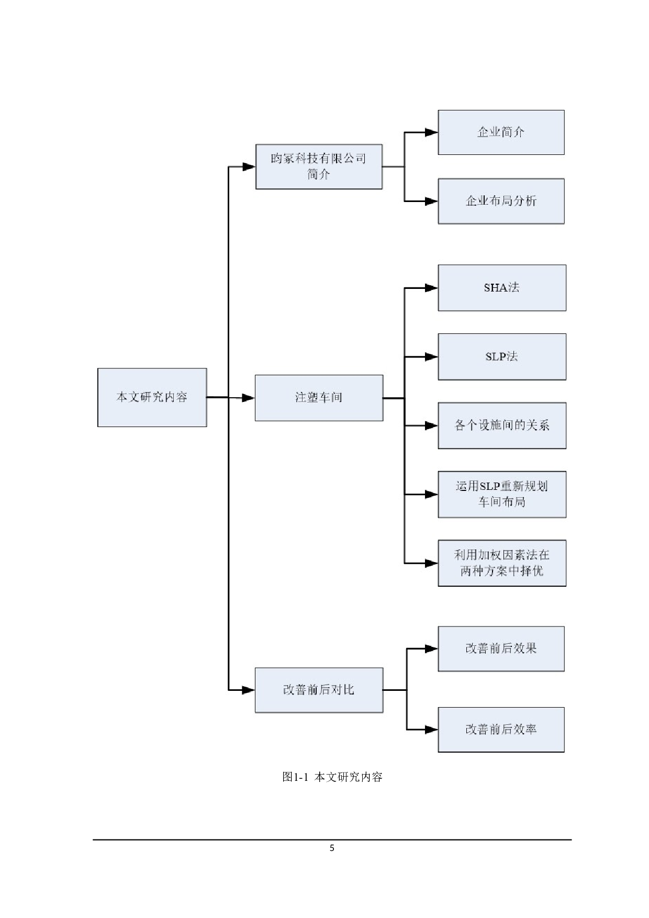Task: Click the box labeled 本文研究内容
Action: pyautogui.click(x=152, y=397)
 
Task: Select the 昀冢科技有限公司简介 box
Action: pyautogui.click(x=319, y=166)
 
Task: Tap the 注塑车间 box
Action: pyautogui.click(x=319, y=398)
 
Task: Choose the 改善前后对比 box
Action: pyautogui.click(x=319, y=690)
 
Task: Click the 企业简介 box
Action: pyautogui.click(x=501, y=132)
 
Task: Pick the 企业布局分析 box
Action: pyautogui.click(x=501, y=201)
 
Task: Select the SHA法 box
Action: pyautogui.click(x=501, y=288)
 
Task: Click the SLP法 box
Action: pyautogui.click(x=501, y=357)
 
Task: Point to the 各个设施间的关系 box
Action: pyautogui.click(x=501, y=426)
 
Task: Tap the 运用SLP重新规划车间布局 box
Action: pyautogui.click(x=501, y=494)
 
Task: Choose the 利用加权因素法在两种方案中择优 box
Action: pyautogui.click(x=501, y=563)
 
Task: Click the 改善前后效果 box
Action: pyautogui.click(x=501, y=648)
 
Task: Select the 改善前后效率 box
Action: pyautogui.click(x=501, y=730)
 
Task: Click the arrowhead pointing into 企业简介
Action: pyautogui.click(x=431, y=132)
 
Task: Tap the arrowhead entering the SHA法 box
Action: pyautogui.click(x=431, y=288)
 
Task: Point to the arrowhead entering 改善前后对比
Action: pyautogui.click(x=248, y=690)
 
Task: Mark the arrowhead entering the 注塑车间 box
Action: pyautogui.click(x=248, y=398)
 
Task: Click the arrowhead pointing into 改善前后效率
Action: pyautogui.click(x=431, y=730)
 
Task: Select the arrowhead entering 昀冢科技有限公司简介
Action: pyautogui.click(x=249, y=166)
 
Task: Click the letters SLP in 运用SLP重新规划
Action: pyautogui.click(x=490, y=486)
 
